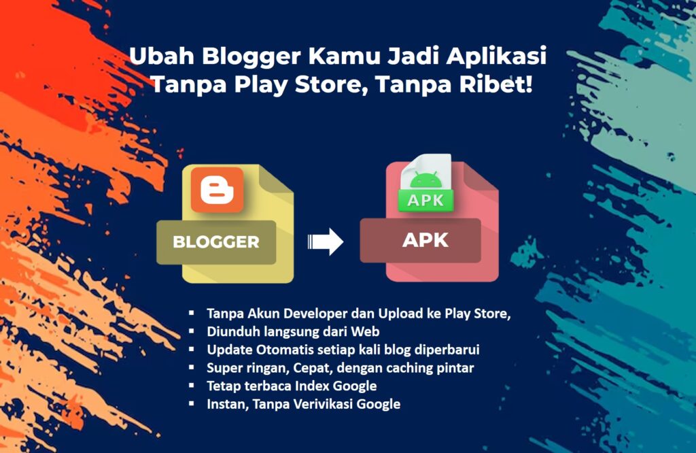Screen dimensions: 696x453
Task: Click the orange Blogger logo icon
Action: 217,190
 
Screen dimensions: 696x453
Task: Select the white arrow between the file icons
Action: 326,241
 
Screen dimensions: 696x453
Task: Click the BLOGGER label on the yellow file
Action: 216,242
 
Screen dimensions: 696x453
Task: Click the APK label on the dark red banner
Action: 425,240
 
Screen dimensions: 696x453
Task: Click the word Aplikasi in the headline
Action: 496,57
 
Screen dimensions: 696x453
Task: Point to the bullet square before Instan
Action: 192,404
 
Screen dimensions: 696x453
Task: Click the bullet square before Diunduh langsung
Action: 192,331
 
